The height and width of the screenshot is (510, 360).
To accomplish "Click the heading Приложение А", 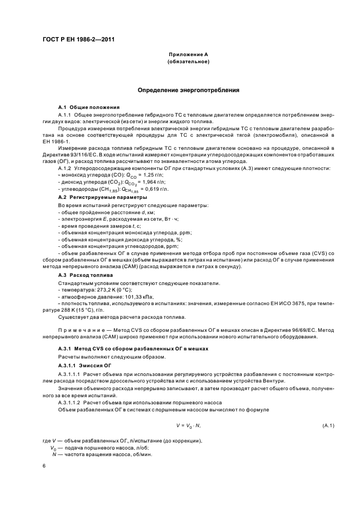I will click(188, 55).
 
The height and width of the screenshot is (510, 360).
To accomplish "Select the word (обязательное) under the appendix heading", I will click(188, 62).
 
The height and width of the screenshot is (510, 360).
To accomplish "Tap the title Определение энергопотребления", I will click(188, 90).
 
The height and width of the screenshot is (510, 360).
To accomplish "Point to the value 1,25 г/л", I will click(153, 175).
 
